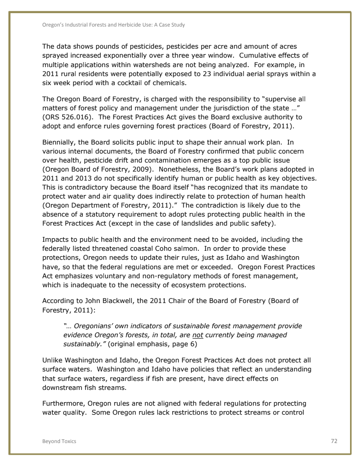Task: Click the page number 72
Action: tap(334, 441)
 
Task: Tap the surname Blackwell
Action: tap(118, 301)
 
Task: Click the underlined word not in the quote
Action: tap(197, 335)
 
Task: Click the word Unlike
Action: tap(53, 360)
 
